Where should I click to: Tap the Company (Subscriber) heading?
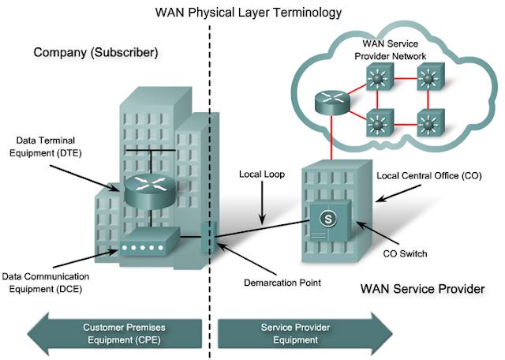pyautogui.click(x=96, y=53)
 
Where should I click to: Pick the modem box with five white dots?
pyautogui.click(x=148, y=246)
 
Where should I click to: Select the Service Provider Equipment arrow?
pyautogui.click(x=301, y=332)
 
